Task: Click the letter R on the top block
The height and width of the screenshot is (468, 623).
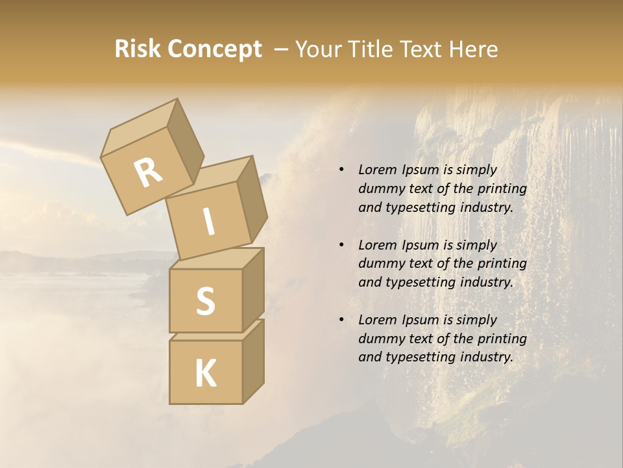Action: [148, 174]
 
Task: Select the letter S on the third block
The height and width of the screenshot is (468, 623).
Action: [205, 301]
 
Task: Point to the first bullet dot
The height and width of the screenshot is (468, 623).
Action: [341, 170]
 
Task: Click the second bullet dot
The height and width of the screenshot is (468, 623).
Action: [341, 245]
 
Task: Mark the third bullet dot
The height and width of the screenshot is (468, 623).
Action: [341, 320]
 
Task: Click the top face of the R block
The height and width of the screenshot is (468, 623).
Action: [140, 126]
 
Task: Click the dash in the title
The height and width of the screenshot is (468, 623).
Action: [282, 50]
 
